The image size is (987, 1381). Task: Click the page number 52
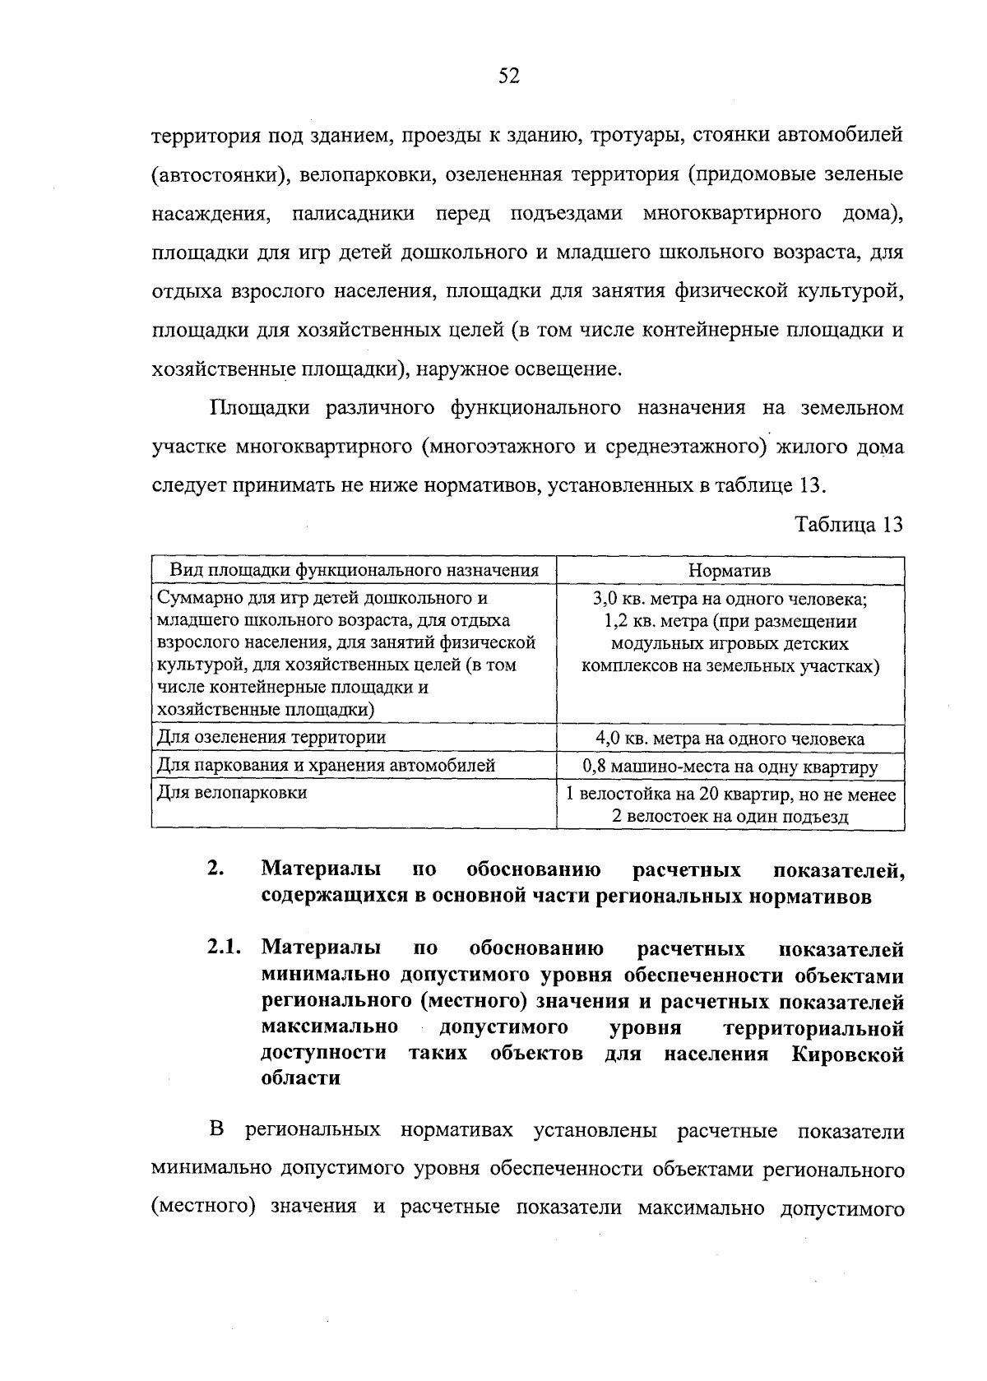[x=509, y=76]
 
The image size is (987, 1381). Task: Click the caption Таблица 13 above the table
[x=850, y=525]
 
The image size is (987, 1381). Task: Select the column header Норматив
[x=730, y=570]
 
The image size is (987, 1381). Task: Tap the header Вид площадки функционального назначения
[x=354, y=570]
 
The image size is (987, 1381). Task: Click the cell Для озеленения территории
[x=271, y=737]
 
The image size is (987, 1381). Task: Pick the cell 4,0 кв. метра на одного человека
[x=730, y=739]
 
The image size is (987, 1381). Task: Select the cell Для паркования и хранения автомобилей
[x=326, y=766]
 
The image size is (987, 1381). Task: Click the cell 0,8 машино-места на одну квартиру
[x=730, y=767]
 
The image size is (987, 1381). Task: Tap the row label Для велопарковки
[x=232, y=793]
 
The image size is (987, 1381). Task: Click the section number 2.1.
[x=223, y=948]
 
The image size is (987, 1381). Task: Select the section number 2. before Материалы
[x=215, y=869]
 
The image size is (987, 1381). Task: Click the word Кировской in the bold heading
[x=848, y=1054]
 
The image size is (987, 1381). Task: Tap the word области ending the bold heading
[x=300, y=1078]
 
